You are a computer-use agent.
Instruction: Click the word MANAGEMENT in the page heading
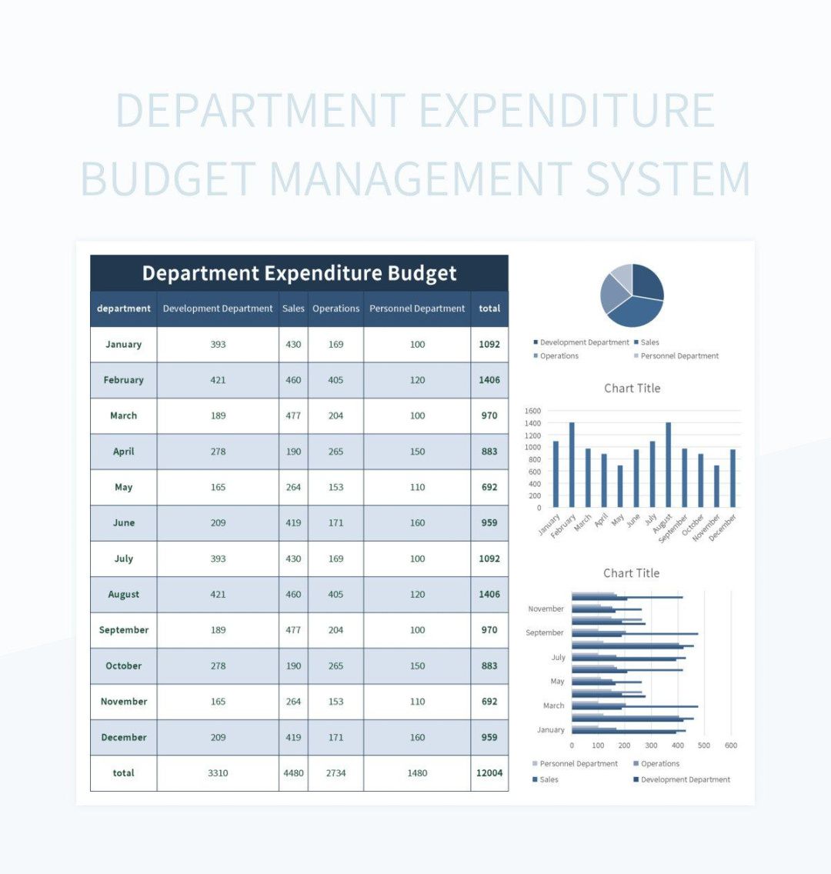pos(420,178)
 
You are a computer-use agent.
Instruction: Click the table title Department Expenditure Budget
pos(299,273)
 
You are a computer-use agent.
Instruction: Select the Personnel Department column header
pos(417,309)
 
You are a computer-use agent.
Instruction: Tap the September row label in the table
pos(124,630)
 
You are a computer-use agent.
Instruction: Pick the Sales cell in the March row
pos(293,415)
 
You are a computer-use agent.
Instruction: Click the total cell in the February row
pos(489,380)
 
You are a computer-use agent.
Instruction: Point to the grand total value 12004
pos(489,773)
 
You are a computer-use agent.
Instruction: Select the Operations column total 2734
pos(335,773)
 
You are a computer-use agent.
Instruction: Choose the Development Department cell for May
pos(218,487)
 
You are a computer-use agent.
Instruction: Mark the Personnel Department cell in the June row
pos(417,523)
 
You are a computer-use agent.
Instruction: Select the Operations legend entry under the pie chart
pos(559,356)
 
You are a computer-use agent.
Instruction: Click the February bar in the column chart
pos(572,464)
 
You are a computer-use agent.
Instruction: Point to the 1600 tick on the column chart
pos(533,411)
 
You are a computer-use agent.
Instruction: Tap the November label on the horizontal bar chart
pos(546,609)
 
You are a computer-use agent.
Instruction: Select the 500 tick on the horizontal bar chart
pos(704,746)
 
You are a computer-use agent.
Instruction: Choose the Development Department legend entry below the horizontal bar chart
pos(685,779)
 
